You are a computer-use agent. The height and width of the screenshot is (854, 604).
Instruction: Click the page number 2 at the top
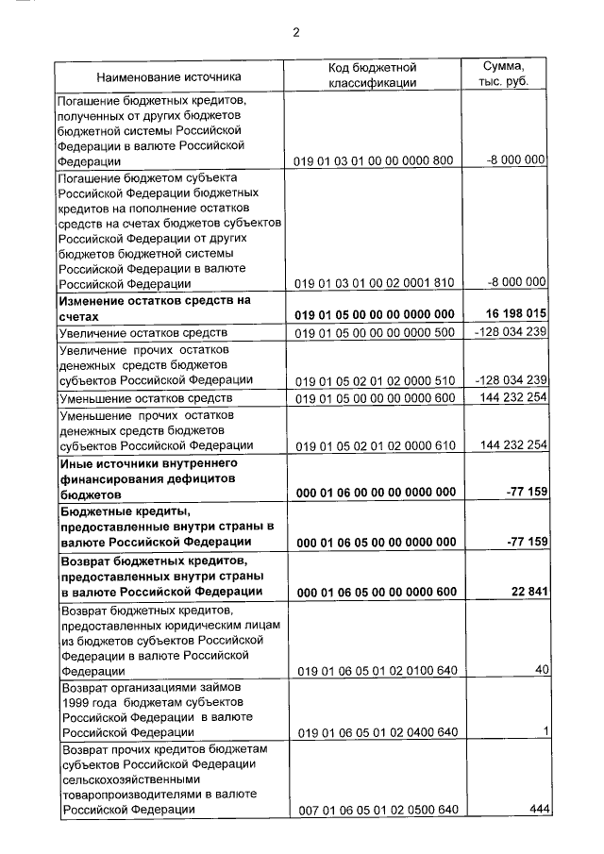coord(295,33)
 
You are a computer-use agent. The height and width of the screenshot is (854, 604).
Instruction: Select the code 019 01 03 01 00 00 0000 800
coord(375,160)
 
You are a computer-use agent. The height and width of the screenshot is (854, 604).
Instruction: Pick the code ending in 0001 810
coord(375,282)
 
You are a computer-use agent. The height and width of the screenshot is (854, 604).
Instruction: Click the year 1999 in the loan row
coord(75,702)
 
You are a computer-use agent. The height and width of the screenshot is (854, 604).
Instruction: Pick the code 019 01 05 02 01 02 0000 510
coord(375,380)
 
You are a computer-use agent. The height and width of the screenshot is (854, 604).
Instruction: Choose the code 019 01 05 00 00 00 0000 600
coord(375,399)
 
